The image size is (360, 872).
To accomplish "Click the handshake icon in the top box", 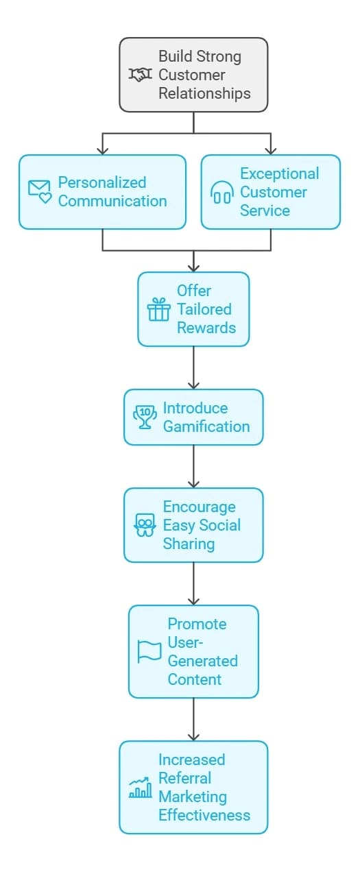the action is pyautogui.click(x=140, y=74).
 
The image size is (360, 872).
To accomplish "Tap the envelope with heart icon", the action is pyautogui.click(x=40, y=191).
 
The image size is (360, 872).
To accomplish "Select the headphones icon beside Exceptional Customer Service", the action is pyautogui.click(x=222, y=193).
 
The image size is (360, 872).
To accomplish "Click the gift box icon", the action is pyautogui.click(x=159, y=309).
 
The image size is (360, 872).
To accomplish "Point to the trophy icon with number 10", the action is pyautogui.click(x=145, y=417).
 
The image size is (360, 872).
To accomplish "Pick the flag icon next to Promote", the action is pyautogui.click(x=149, y=652).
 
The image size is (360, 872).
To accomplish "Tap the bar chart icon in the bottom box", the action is pyautogui.click(x=140, y=788).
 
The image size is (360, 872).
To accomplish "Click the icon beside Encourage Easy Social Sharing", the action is pyautogui.click(x=145, y=525).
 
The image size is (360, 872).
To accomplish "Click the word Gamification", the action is pyautogui.click(x=206, y=427).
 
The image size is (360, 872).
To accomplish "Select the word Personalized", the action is pyautogui.click(x=102, y=182).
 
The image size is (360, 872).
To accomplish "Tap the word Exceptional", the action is pyautogui.click(x=280, y=173).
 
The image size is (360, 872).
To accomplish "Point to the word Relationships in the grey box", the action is pyautogui.click(x=204, y=94).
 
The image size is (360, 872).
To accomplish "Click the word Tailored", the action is pyautogui.click(x=204, y=309).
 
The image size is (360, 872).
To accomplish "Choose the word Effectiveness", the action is pyautogui.click(x=204, y=815).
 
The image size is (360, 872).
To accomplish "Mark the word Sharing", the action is pyautogui.click(x=189, y=544).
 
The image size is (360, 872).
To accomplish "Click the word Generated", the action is pyautogui.click(x=202, y=661).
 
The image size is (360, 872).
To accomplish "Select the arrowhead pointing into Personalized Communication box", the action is pyautogui.click(x=102, y=151).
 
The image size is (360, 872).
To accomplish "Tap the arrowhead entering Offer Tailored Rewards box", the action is pyautogui.click(x=193, y=267).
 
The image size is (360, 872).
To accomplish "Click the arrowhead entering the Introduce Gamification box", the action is pyautogui.click(x=193, y=385).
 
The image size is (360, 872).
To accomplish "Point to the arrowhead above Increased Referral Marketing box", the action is pyautogui.click(x=193, y=736).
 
